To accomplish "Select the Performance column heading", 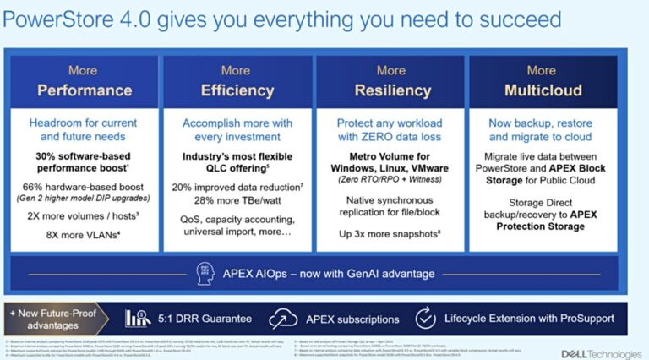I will pyautogui.click(x=83, y=90).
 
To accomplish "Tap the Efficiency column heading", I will pyautogui.click(x=236, y=90).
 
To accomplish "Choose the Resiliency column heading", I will pyautogui.click(x=391, y=90).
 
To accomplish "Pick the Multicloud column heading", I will pyautogui.click(x=542, y=90).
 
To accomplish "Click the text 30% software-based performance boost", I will pyautogui.click(x=83, y=164).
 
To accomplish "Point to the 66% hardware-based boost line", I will pyautogui.click(x=83, y=188).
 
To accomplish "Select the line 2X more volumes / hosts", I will pyautogui.click(x=83, y=215).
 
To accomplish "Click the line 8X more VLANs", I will pyautogui.click(x=83, y=234).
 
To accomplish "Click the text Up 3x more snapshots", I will pyautogui.click(x=391, y=232).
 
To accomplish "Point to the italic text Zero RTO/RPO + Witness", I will pyautogui.click(x=391, y=180).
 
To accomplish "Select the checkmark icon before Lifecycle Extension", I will pyautogui.click(x=425, y=319).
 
